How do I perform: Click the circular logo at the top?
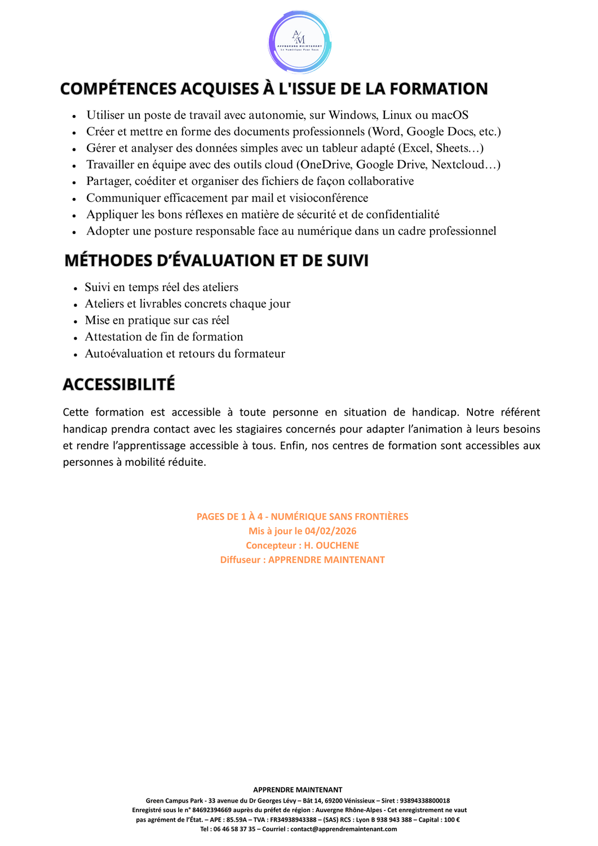click(x=299, y=42)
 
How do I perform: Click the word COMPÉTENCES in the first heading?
click(x=119, y=89)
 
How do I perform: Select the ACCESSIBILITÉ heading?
click(x=119, y=385)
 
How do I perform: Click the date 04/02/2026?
click(x=330, y=531)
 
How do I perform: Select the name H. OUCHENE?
click(x=331, y=545)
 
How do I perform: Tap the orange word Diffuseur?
click(x=240, y=559)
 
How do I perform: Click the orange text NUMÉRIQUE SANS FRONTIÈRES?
click(x=339, y=517)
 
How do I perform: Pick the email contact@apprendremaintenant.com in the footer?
click(x=343, y=829)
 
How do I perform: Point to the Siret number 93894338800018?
click(x=424, y=800)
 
